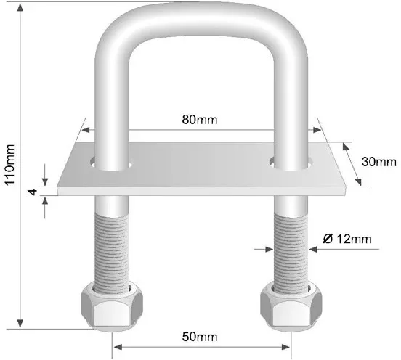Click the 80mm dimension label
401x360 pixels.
point(200,120)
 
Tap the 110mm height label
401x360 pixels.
point(10,165)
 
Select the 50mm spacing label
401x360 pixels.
point(200,337)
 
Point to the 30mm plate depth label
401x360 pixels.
point(379,162)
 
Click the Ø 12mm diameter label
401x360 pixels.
point(347,239)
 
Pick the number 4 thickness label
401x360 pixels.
point(33,192)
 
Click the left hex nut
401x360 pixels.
point(112,306)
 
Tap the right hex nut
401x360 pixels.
point(291,306)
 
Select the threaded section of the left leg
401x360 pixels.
point(112,253)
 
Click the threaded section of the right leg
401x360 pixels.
point(291,253)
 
